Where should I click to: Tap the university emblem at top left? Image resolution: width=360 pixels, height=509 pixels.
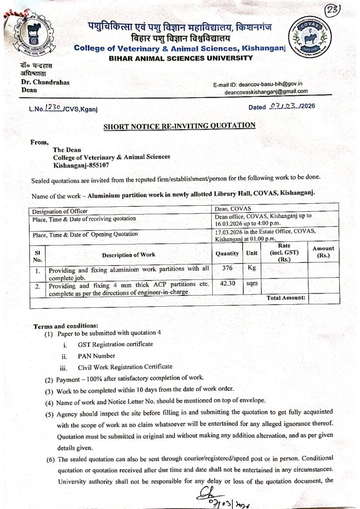click(x=34, y=35)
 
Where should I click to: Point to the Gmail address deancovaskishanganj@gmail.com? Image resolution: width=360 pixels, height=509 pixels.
click(x=266, y=91)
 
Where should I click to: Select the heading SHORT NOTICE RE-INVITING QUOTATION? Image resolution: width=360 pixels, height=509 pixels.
click(x=179, y=126)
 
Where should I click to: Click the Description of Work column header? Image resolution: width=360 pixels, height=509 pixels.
click(x=129, y=255)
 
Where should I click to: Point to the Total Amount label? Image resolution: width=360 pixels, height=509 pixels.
click(x=286, y=298)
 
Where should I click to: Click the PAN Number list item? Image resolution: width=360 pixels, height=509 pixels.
click(x=96, y=356)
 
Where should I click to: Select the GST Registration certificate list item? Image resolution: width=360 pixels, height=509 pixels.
click(x=115, y=344)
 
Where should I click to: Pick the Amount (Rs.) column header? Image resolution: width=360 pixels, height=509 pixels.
click(x=323, y=252)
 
